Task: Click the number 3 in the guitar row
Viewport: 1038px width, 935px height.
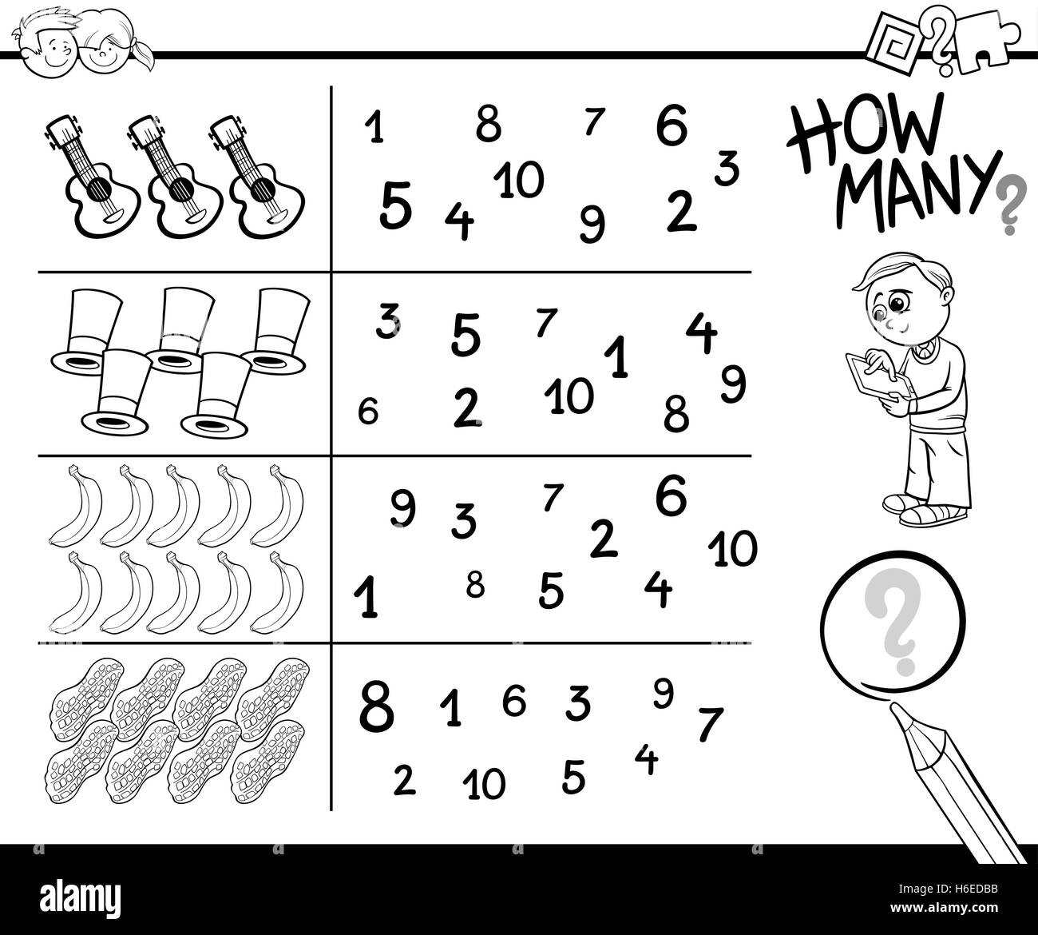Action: point(726,169)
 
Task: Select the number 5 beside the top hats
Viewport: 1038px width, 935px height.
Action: point(466,335)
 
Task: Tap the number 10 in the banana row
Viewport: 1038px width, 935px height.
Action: point(732,550)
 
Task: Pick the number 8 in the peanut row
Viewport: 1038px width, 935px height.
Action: point(376,706)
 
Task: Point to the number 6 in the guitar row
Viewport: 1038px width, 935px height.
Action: point(672,125)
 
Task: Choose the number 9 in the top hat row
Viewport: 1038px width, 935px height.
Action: point(732,384)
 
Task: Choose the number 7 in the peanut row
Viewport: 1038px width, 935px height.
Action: point(709,725)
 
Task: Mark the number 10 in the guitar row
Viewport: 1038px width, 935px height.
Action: point(519,180)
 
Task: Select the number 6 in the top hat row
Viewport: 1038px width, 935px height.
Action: point(367,412)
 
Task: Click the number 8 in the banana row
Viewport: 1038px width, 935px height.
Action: point(475,587)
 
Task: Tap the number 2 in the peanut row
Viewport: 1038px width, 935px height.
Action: point(405,781)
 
